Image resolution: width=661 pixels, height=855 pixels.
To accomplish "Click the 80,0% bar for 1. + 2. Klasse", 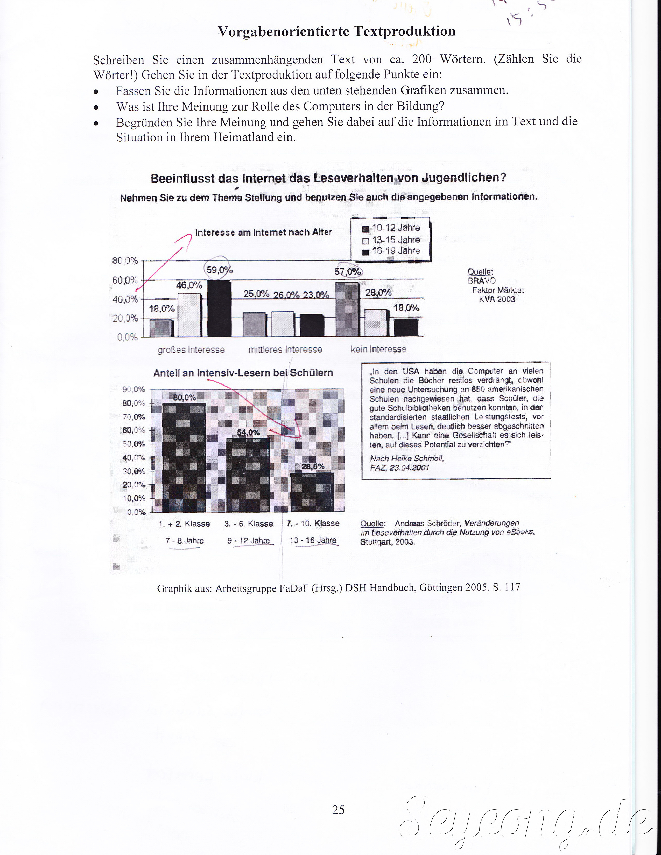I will tap(184, 457).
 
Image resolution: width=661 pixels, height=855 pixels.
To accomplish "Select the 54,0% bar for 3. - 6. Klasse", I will tap(248, 474).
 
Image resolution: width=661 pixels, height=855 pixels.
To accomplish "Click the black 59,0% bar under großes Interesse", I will tap(219, 309).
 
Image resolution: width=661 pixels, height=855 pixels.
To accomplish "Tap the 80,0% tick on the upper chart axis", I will tap(125, 261).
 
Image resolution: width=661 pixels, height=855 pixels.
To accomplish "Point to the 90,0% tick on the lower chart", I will tap(134, 389).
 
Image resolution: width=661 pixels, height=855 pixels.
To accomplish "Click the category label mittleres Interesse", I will tap(285, 350).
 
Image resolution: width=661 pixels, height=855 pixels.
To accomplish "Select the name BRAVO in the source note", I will tap(481, 281).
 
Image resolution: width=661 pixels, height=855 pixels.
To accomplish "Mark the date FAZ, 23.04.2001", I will tap(399, 467).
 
